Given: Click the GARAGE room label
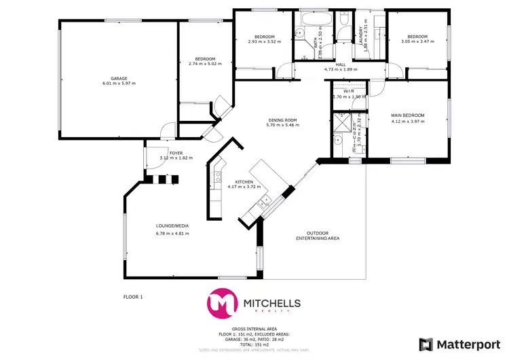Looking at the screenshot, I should pos(119,78).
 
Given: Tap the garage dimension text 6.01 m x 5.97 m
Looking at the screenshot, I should pos(119,84).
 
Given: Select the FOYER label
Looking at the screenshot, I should pos(176,153).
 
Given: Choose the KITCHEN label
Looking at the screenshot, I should pos(244,182).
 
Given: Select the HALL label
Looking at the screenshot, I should pos(331,64).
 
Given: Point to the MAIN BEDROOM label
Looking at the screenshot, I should pos(408,115).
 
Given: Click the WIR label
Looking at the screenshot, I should pos(349,91).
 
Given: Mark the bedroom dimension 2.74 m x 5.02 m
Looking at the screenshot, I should pos(206,64).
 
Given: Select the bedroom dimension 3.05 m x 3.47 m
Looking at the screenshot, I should pos(417,42).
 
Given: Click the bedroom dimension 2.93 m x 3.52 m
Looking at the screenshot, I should pos(265,42).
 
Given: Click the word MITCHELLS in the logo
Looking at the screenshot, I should pos(271,302).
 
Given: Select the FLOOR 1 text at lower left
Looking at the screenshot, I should pos(133,297).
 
